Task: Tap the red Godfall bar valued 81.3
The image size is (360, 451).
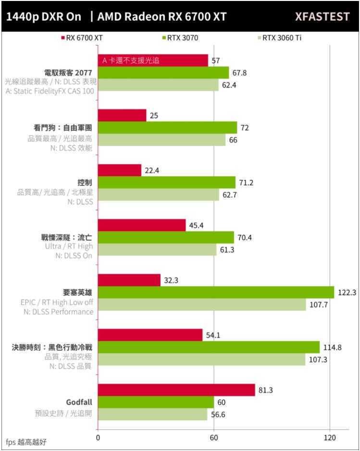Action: click(176, 390)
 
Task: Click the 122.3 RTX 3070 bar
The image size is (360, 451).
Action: click(216, 292)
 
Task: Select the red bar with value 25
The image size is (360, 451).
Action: click(122, 115)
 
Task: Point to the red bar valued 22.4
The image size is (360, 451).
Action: click(120, 171)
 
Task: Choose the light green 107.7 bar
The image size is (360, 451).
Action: click(202, 305)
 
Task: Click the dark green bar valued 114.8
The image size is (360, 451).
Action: click(209, 347)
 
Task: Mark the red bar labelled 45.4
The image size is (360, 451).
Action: click(142, 225)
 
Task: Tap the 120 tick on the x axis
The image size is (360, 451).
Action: click(330, 438)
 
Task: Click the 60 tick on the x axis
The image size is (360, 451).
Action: click(214, 438)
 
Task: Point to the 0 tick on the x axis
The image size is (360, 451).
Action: click(98, 438)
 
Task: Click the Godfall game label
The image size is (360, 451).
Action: click(79, 402)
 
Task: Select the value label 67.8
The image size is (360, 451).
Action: click(239, 73)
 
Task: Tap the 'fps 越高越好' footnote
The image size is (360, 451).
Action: click(26, 441)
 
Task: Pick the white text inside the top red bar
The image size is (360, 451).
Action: click(131, 61)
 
